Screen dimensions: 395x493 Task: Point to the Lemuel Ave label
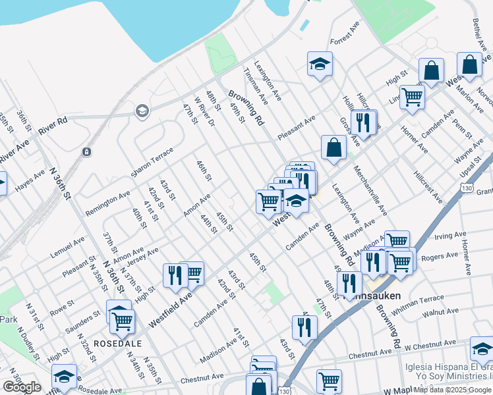69,249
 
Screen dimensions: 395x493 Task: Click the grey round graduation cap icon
142,111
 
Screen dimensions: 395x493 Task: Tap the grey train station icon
86,152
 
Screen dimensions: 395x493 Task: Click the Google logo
22,387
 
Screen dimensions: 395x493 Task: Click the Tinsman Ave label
256,86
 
